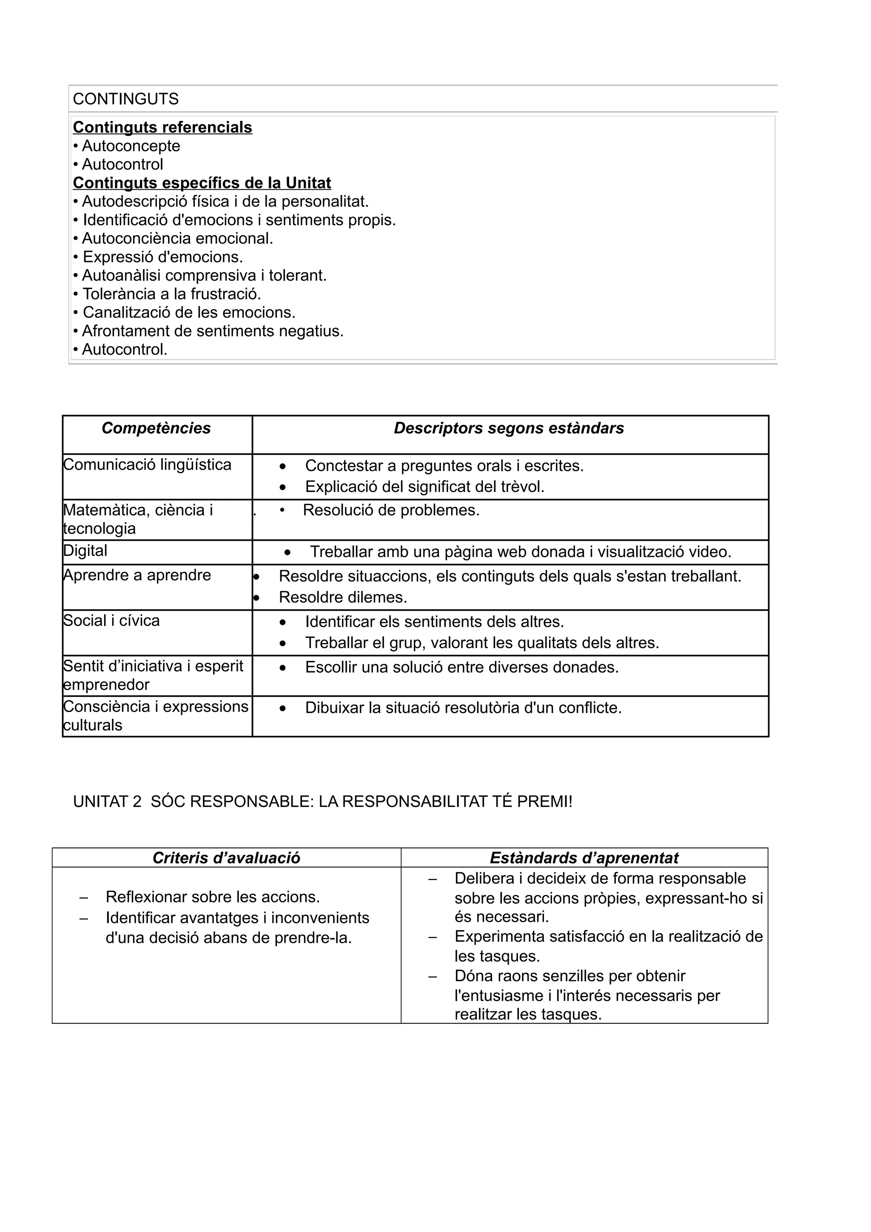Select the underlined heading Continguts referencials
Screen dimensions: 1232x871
click(x=162, y=128)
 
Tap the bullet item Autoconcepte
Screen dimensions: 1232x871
click(x=131, y=146)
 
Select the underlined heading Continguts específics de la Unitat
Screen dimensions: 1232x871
click(x=202, y=183)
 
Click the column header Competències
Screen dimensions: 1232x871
click(x=156, y=428)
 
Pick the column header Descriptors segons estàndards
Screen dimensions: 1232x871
click(x=509, y=428)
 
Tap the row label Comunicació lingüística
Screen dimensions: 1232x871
click(x=147, y=465)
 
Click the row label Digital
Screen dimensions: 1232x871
click(x=85, y=551)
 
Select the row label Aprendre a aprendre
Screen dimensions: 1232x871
click(x=137, y=575)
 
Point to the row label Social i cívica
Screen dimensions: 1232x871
click(x=111, y=621)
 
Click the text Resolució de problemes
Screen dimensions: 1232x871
click(x=391, y=510)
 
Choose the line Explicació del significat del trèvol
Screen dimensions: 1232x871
click(x=424, y=487)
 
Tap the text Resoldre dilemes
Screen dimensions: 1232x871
click(x=343, y=597)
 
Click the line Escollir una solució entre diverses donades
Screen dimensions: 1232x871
click(x=461, y=667)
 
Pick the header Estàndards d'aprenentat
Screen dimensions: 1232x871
click(x=584, y=858)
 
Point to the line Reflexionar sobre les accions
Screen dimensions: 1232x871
click(x=213, y=897)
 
